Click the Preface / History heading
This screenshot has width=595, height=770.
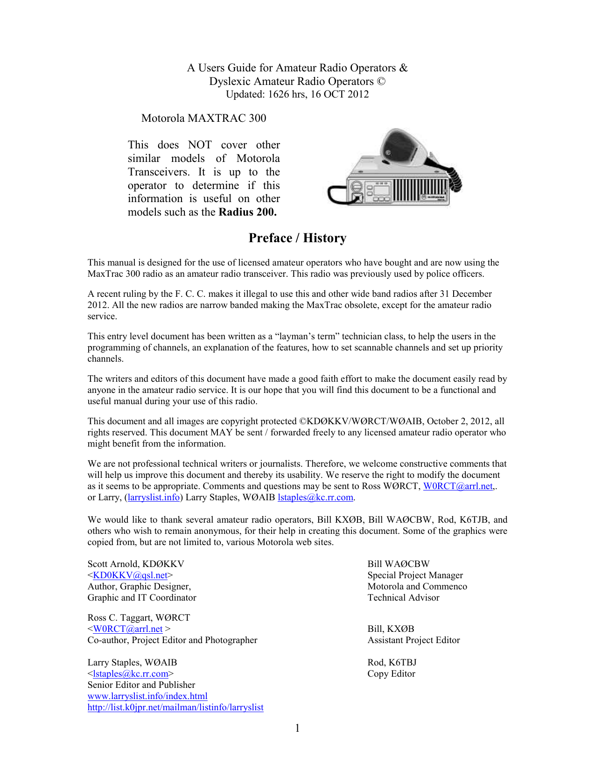[297, 238]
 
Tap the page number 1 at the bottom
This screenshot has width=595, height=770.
[297, 728]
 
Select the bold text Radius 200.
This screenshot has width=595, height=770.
[248, 212]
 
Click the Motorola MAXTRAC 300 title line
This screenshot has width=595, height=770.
[203, 118]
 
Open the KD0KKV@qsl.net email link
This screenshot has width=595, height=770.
[130, 575]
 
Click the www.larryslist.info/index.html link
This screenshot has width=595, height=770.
[147, 696]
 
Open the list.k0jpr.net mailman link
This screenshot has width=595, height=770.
[175, 707]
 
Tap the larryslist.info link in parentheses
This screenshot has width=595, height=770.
[154, 497]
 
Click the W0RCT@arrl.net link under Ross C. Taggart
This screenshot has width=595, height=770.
[128, 629]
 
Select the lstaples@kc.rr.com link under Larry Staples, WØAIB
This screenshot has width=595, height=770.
[131, 674]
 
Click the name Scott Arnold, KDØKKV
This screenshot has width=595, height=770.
[136, 564]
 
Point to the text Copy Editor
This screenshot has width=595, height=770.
[391, 674]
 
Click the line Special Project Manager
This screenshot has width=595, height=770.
[415, 575]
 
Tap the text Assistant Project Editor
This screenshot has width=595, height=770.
[413, 640]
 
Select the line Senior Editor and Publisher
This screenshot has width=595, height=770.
[141, 685]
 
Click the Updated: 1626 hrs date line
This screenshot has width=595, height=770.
[297, 94]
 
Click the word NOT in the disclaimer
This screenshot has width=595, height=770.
[200, 145]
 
